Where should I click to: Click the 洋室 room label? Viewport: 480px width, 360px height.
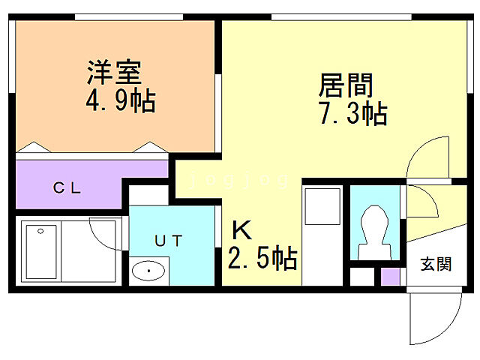pyautogui.click(x=114, y=73)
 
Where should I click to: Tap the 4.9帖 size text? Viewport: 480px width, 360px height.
pyautogui.click(x=120, y=100)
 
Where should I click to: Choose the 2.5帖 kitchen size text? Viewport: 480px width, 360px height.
pyautogui.click(x=262, y=259)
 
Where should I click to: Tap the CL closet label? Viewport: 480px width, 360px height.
pyautogui.click(x=67, y=188)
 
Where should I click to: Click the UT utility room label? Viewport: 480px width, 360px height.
pyautogui.click(x=167, y=240)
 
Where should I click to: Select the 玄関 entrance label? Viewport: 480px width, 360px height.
pyautogui.click(x=435, y=264)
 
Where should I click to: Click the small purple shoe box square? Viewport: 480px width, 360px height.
pyautogui.click(x=390, y=275)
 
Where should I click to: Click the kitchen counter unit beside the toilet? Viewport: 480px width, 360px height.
pyautogui.click(x=323, y=232)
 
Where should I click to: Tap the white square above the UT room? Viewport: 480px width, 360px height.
pyautogui.click(x=148, y=196)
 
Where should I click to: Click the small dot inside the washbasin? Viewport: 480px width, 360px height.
pyautogui.click(x=150, y=270)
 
